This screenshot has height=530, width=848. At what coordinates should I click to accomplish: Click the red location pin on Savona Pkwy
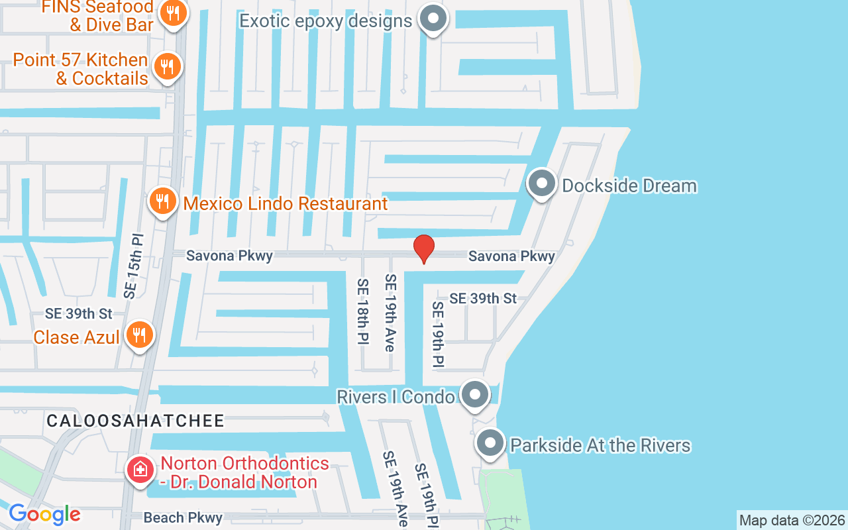click(x=424, y=248)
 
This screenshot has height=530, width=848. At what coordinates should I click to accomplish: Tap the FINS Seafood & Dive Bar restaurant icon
click(x=173, y=13)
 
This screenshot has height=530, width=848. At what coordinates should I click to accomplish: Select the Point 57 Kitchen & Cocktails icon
click(x=168, y=67)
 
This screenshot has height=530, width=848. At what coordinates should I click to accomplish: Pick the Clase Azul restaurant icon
click(x=138, y=335)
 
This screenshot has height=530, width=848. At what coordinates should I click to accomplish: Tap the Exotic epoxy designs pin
click(x=434, y=18)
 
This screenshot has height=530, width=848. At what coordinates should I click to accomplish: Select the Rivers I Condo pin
click(x=474, y=395)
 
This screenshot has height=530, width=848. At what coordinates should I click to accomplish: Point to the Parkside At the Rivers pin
click(x=491, y=443)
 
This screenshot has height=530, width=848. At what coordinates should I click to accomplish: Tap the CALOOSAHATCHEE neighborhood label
click(x=135, y=421)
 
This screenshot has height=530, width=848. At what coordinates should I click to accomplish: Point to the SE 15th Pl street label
click(x=133, y=264)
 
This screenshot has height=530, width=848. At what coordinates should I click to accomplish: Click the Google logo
click(x=44, y=514)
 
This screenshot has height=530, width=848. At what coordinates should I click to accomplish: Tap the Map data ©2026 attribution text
click(x=792, y=520)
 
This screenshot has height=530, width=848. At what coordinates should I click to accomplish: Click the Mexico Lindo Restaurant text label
click(x=286, y=203)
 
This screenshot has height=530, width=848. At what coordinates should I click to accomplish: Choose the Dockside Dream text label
click(x=629, y=185)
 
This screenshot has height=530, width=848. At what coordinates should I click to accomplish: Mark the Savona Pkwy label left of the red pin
click(x=229, y=256)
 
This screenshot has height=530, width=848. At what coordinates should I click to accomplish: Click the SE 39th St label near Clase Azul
click(x=79, y=313)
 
